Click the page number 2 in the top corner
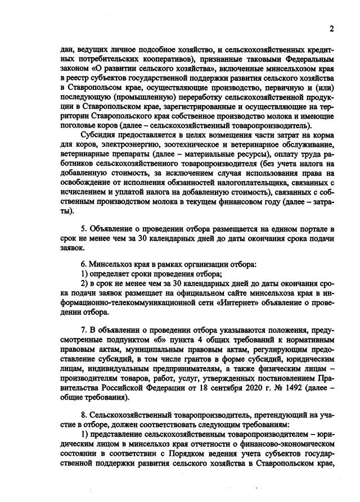coord(331,29)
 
